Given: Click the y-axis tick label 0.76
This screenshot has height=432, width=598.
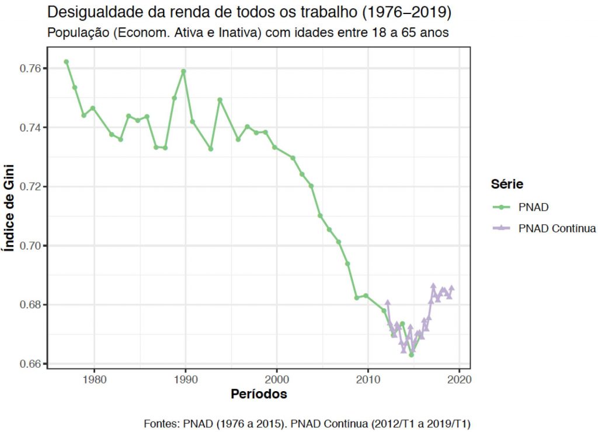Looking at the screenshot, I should point(31,68).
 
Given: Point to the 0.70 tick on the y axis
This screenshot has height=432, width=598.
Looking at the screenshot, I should point(31,246).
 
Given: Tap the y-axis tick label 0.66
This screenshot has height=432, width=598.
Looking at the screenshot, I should point(31,364).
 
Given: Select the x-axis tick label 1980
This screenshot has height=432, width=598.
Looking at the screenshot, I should point(94,378).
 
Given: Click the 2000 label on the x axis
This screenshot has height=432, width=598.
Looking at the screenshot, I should point(277,378).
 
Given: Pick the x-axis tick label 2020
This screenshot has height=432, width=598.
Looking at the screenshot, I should point(459,378).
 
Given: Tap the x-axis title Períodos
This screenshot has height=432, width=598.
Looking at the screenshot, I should point(258,394).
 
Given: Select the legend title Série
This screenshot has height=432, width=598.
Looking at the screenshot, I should point(506,184).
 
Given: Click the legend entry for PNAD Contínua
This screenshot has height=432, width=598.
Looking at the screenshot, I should point(557,228).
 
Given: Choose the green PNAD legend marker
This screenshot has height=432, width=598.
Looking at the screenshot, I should point(502,207).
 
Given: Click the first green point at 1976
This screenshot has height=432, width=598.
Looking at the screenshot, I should point(66,62).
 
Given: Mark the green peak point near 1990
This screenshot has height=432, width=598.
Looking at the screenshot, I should point(183,71).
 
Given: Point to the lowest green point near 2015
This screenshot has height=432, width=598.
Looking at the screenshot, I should point(411,354).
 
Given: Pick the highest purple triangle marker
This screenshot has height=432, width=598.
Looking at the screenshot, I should point(433,285).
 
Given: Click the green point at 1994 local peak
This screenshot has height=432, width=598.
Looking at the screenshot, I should point(220,100).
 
